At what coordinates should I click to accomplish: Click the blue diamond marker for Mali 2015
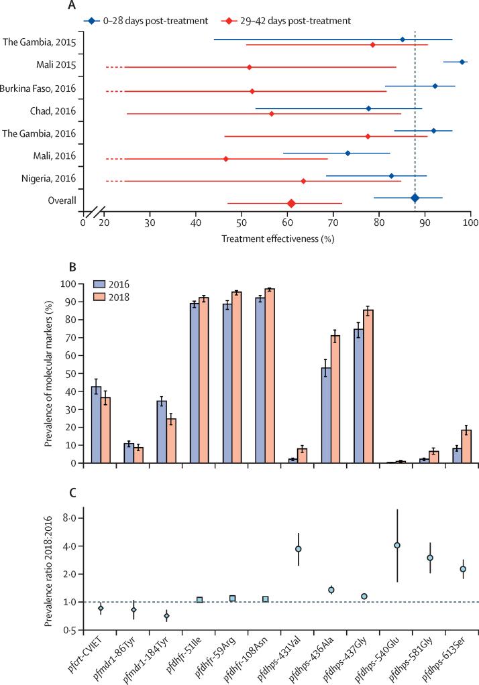pos(462,62)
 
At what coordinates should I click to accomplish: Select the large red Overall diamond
pos(291,203)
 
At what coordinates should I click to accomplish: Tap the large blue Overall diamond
pos(415,198)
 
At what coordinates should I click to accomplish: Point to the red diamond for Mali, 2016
pos(226,159)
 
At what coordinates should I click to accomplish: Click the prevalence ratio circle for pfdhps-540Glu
pos(397,545)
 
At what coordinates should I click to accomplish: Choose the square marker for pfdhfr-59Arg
pos(233,599)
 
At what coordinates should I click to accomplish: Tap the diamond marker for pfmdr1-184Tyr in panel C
pos(167,616)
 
